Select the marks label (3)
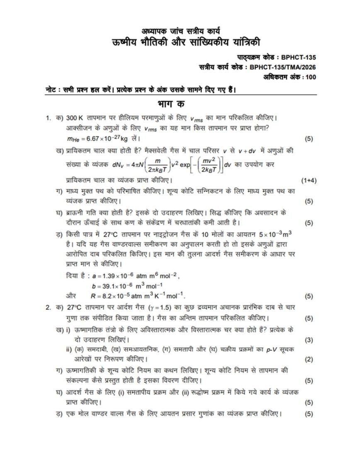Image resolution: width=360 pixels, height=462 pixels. pos(309,340)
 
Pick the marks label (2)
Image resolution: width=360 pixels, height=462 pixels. pos(309,359)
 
